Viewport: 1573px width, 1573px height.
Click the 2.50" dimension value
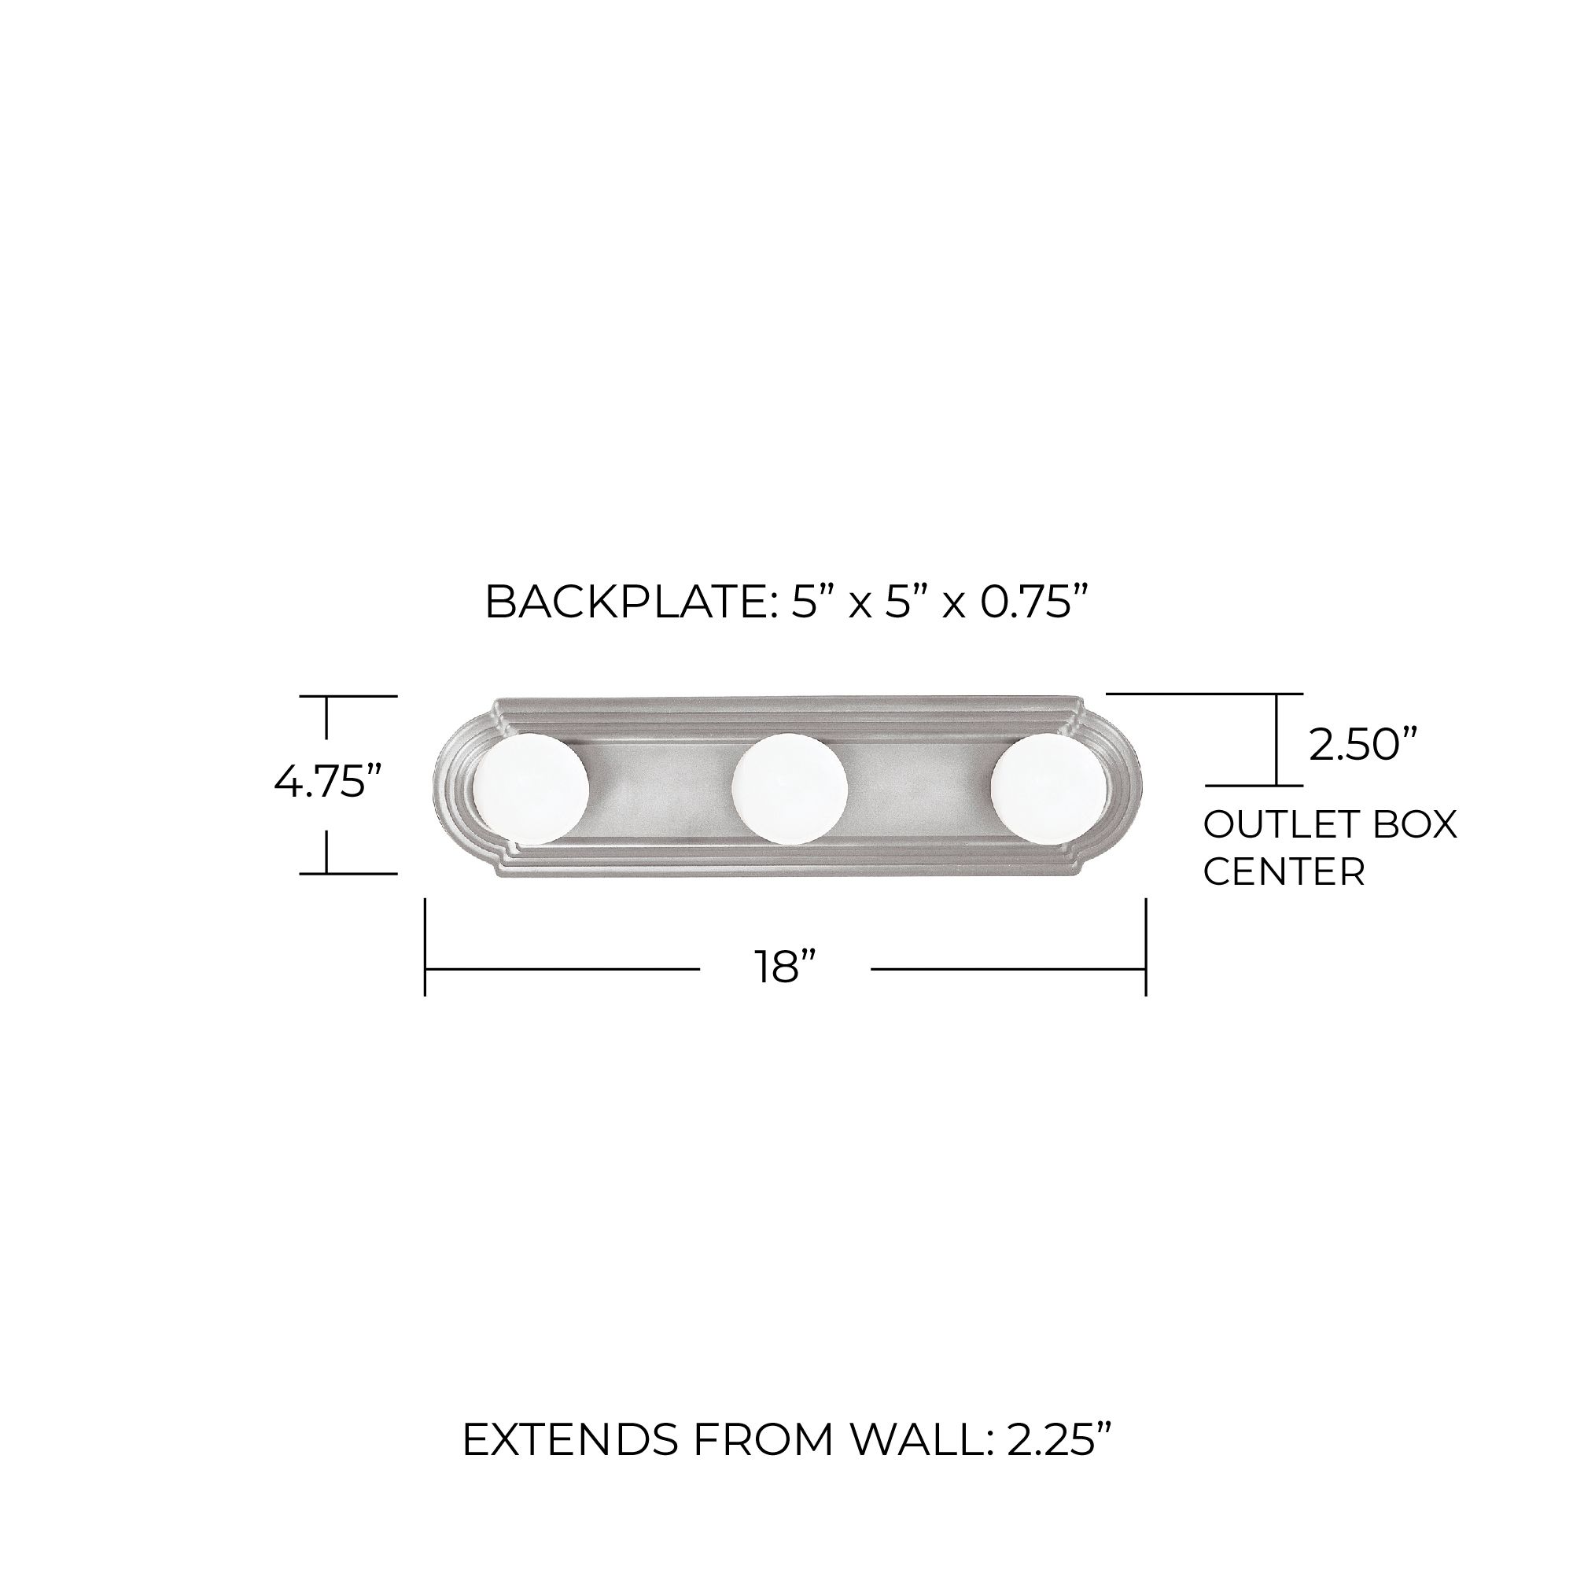[1364, 744]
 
